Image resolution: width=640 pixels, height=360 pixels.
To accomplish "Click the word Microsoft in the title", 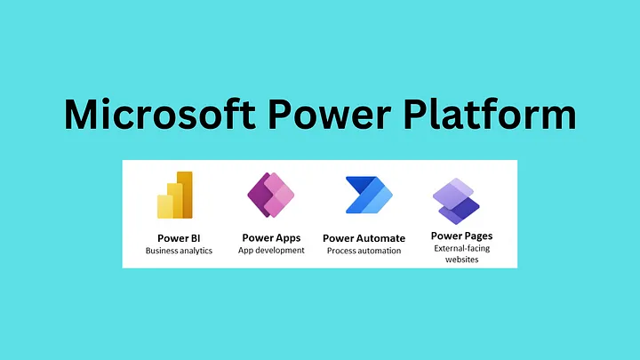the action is (x=160, y=114).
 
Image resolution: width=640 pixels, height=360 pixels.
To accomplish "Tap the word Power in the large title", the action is (x=329, y=114).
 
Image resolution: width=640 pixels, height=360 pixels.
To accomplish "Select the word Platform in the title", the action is (x=490, y=114).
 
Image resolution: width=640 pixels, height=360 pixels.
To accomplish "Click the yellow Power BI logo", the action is (x=175, y=195).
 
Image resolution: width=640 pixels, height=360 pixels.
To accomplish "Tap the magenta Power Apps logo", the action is (x=271, y=195).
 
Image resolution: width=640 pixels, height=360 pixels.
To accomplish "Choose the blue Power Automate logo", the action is (x=369, y=195).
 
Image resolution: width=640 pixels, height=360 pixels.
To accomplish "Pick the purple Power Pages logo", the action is (x=456, y=201).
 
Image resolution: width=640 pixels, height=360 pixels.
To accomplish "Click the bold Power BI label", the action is (x=179, y=238).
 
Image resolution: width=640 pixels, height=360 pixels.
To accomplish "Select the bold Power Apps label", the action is (x=271, y=238).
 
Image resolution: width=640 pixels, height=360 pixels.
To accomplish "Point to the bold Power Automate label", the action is (x=364, y=238).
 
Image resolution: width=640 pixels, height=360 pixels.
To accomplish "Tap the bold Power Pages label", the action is (x=461, y=236).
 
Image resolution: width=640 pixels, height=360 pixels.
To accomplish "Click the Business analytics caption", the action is (x=179, y=251).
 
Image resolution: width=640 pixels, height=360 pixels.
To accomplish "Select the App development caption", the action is (x=271, y=250).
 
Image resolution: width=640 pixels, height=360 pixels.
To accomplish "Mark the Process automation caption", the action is (x=364, y=251).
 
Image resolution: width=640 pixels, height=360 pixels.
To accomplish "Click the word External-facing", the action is (x=461, y=248).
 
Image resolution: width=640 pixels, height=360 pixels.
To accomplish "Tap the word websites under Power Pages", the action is (x=461, y=260).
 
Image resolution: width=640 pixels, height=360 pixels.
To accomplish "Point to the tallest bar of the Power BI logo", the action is (x=185, y=195).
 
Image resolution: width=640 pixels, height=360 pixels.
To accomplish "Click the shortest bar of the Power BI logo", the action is (x=165, y=206).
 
